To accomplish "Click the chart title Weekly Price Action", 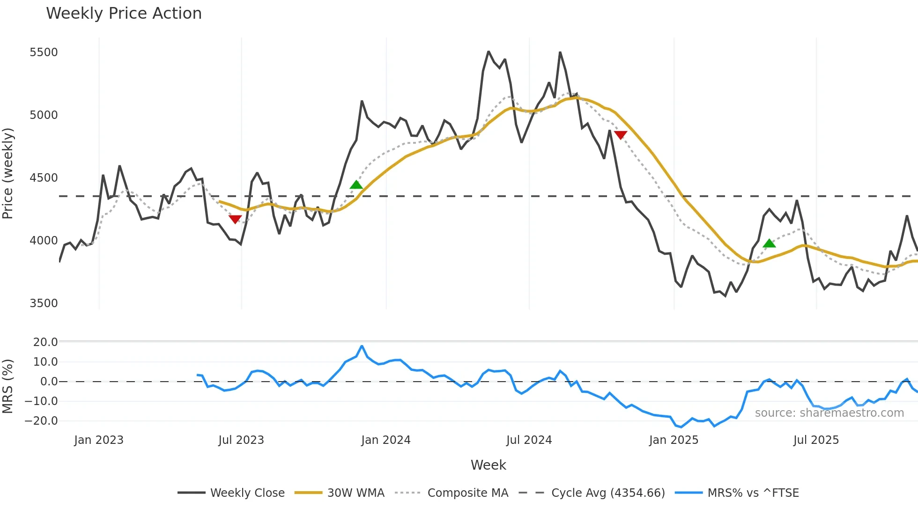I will pyautogui.click(x=124, y=14).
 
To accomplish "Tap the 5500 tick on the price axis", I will pyautogui.click(x=44, y=52).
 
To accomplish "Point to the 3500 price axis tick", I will pyautogui.click(x=44, y=303).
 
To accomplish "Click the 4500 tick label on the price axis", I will pyautogui.click(x=44, y=178).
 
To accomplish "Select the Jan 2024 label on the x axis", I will pyautogui.click(x=385, y=440).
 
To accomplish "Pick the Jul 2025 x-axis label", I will pyautogui.click(x=816, y=440).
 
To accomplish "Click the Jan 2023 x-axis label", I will pyautogui.click(x=98, y=440).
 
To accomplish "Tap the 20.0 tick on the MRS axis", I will pyautogui.click(x=45, y=342).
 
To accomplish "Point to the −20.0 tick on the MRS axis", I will pyautogui.click(x=41, y=420).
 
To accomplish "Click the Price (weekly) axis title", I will pyautogui.click(x=8, y=173).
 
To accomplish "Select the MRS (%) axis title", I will pyautogui.click(x=8, y=386).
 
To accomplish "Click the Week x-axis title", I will pyautogui.click(x=488, y=465).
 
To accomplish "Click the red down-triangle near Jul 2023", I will pyautogui.click(x=235, y=219).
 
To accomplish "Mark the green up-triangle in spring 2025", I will pyautogui.click(x=769, y=243).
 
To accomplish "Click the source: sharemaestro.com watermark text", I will pyautogui.click(x=829, y=413).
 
